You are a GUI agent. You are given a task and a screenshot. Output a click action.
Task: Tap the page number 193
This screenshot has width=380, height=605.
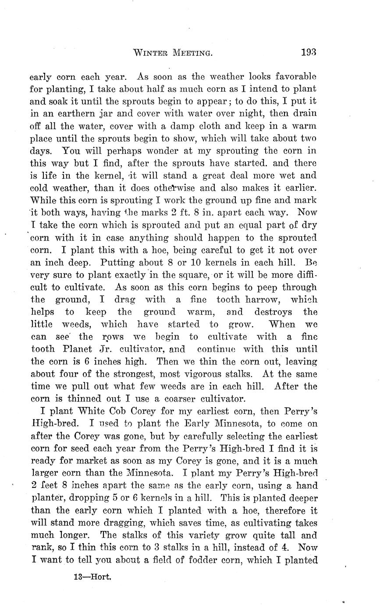(x=309, y=53)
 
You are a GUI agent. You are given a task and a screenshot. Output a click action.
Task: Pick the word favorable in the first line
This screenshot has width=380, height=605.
(x=293, y=76)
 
